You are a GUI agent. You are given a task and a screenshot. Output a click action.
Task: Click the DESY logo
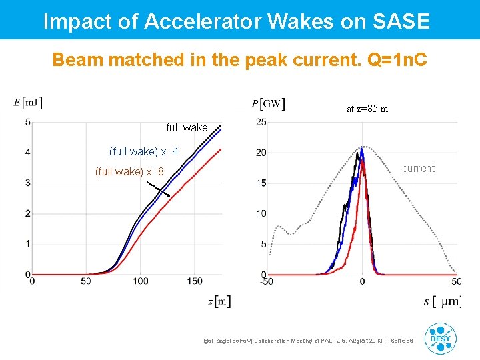tap(441, 338)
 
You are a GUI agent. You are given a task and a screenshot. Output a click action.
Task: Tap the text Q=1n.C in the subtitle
tap(396, 60)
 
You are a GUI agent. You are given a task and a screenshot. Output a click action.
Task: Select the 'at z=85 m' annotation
tap(367, 109)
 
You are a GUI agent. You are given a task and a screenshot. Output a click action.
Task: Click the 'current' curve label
tap(418, 169)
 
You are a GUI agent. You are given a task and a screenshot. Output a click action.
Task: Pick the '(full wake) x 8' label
tap(129, 171)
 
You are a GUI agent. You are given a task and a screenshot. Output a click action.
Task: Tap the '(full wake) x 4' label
tap(143, 151)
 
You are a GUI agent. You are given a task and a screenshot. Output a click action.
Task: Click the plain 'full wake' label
tap(187, 127)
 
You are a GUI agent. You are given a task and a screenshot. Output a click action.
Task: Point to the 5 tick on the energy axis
tap(27, 122)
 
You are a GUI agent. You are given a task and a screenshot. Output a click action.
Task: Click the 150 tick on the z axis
tap(195, 281)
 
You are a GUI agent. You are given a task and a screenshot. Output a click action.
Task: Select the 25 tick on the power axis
tap(261, 122)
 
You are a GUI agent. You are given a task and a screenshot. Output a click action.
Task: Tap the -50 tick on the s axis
tap(266, 281)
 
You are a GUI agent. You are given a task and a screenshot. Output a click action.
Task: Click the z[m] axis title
tap(219, 301)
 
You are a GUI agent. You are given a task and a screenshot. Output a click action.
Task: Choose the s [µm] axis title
tap(441, 301)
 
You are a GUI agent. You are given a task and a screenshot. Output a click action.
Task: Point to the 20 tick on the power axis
tap(261, 153)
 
